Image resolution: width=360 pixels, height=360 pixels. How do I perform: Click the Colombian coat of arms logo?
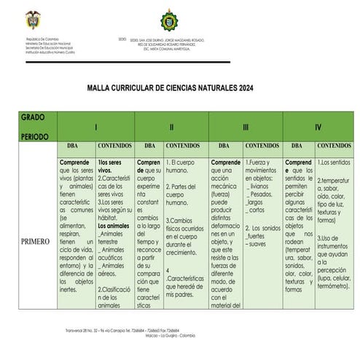(33, 20)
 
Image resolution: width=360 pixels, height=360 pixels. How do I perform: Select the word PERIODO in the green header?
(35, 136)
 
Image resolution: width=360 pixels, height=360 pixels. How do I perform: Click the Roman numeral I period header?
(96, 127)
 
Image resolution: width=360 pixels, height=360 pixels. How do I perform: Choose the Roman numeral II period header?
(171, 127)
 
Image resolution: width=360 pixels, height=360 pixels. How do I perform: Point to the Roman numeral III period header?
(246, 127)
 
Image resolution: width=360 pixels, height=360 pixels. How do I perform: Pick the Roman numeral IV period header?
(318, 127)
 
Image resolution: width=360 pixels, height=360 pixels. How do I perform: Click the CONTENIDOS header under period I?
(114, 146)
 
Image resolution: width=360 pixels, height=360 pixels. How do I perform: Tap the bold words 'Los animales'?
(114, 226)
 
